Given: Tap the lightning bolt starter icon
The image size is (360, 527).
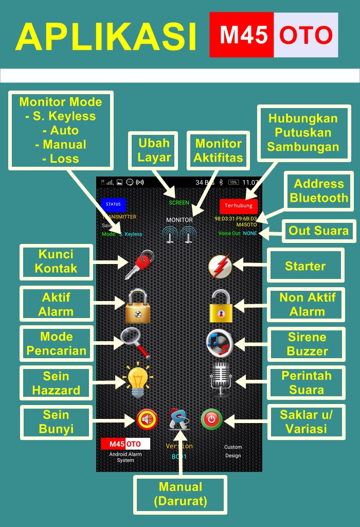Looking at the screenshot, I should tap(220, 267).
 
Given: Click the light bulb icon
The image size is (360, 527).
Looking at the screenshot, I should tap(137, 379).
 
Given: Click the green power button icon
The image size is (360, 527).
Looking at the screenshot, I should tap(211, 419).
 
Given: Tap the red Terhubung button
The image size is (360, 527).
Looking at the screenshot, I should tap(239, 205).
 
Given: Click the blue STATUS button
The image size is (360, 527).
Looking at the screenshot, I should tap(113, 204).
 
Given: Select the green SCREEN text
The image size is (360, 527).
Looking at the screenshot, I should tap(179, 203).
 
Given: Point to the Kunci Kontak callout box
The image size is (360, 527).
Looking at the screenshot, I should tap(56, 261).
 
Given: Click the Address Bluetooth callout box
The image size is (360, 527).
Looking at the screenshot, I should tap(318, 191).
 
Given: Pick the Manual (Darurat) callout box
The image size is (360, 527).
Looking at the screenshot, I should tap(180, 494).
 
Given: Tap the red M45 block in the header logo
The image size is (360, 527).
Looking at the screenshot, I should tap(242, 35).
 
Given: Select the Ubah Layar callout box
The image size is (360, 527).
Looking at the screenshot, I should tap(154, 150).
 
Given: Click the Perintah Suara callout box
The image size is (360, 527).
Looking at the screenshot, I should tap(306, 383).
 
